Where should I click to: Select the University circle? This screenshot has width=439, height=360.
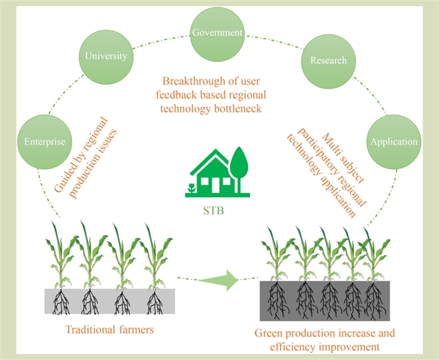click(x=104, y=56)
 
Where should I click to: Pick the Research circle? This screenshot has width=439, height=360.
click(x=328, y=60)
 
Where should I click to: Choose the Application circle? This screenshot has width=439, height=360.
click(x=393, y=142)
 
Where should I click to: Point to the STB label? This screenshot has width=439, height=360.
click(x=216, y=205)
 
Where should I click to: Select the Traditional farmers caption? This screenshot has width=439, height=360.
click(x=109, y=329)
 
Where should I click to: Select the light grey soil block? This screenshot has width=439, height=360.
click(x=109, y=300)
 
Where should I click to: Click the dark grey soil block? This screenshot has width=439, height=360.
click(x=325, y=300)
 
